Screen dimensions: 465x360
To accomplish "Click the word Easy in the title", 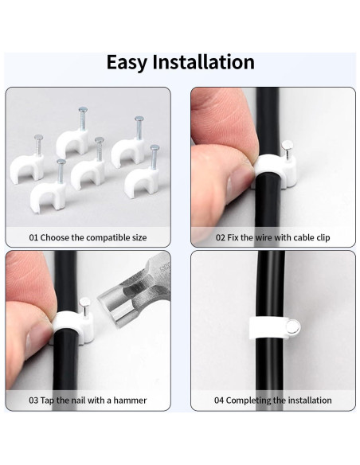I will pos(131,63).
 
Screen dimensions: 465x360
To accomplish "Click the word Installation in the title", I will pos(206,63).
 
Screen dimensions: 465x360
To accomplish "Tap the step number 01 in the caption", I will pos(33,237).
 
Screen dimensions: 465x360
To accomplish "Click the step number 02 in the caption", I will pos(220,237).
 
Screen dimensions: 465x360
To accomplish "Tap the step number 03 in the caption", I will pos(33,401).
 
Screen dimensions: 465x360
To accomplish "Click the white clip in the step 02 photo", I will pos(274,169).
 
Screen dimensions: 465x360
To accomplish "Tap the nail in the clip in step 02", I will pos(291,148).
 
